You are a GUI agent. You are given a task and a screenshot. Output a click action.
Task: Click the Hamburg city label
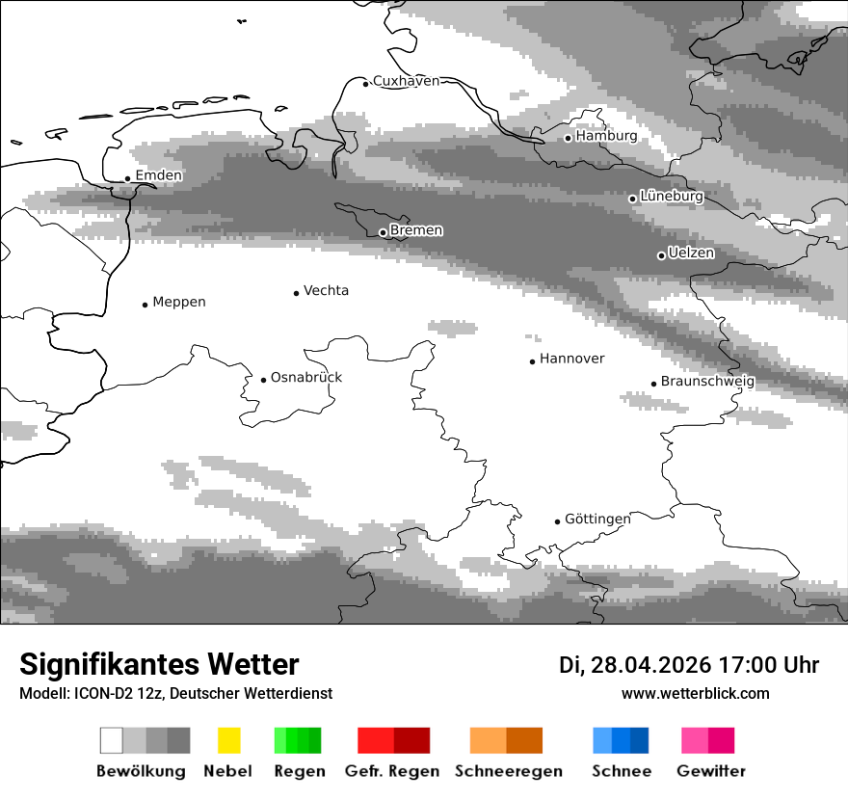pos(606,136)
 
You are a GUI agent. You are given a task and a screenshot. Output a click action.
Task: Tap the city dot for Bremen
pos(383,232)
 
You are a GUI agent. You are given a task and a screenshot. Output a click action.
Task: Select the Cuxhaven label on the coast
pos(406,81)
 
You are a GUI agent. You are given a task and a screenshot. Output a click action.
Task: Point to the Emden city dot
pos(127,178)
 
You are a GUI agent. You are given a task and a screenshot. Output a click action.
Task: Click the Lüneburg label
pos(672,197)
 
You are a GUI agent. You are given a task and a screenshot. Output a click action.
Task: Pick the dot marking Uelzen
pos(661,255)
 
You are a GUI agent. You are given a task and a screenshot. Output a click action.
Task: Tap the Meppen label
pos(179,302)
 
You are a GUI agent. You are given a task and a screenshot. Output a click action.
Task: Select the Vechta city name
pos(326,290)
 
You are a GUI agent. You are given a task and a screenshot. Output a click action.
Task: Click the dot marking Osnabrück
pos(263,380)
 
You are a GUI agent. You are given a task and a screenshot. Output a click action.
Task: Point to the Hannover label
pos(571,359)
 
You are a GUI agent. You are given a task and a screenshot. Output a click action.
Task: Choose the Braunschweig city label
pos(707,382)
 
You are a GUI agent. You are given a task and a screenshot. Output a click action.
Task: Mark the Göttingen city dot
pos(557,521)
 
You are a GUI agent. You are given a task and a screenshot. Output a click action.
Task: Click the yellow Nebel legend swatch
pos(229,740)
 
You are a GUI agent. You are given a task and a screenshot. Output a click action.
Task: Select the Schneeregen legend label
pos(508,771)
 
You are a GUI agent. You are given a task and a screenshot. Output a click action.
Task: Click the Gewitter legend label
pos(711,771)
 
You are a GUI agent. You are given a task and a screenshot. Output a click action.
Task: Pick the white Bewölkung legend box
pos(112,740)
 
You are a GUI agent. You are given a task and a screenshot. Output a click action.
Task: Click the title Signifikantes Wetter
pos(159,665)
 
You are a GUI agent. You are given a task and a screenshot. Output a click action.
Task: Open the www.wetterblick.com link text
pos(695,693)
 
